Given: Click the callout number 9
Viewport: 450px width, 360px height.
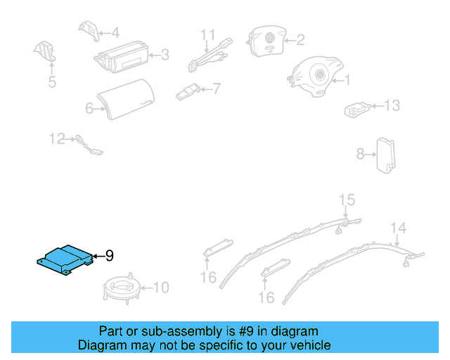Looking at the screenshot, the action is point(109,256).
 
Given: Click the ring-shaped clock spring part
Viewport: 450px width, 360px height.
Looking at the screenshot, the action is point(122,288).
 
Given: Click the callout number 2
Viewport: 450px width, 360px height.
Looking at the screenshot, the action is point(300,40).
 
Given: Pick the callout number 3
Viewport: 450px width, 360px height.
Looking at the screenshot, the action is point(165,54).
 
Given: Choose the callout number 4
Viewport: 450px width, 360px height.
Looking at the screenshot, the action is point(115,32).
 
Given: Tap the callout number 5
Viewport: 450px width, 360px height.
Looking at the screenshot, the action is point(52,83).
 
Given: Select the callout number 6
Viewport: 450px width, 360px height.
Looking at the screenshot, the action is point(89,108).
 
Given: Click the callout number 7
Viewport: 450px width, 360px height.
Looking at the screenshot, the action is point(216,89).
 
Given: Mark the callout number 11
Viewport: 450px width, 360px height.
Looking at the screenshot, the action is point(207,34).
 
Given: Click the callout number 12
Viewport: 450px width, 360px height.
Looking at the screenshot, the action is point(57,139).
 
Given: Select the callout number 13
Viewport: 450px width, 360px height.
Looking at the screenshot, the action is point(391,105).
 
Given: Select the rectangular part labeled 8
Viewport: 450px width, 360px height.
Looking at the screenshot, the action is point(386,153).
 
